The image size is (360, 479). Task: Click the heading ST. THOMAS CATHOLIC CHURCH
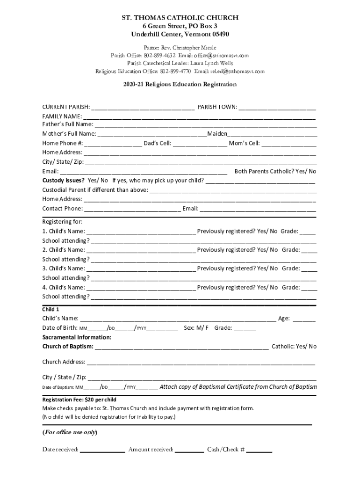pos(180,18)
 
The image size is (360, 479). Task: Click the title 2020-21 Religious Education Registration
pos(180,85)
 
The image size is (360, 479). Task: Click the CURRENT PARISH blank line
pos(143,108)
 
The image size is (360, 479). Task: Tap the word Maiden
pos(217,134)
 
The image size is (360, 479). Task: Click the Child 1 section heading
pos(51,309)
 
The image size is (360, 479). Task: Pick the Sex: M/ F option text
pos(196,328)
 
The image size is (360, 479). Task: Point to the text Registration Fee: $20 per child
pos(79,400)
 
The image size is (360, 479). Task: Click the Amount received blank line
pos(189,450)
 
